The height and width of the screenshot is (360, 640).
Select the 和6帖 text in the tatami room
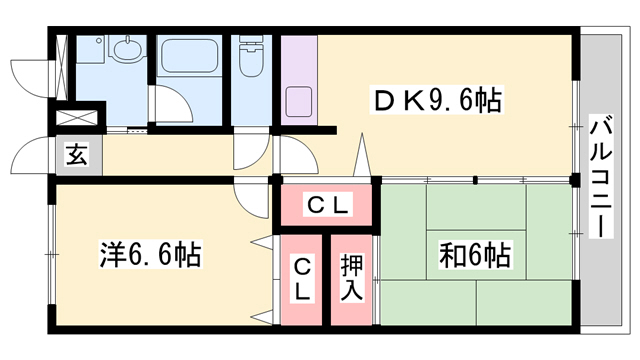474,255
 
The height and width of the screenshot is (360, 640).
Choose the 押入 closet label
352,278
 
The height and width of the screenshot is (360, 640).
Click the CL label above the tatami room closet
326,206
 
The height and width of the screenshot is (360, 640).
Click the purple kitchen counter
298,80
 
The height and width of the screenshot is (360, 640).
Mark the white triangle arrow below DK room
362,160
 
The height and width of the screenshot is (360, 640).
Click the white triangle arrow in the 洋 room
263,241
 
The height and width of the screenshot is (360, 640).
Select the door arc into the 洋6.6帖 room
247,195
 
